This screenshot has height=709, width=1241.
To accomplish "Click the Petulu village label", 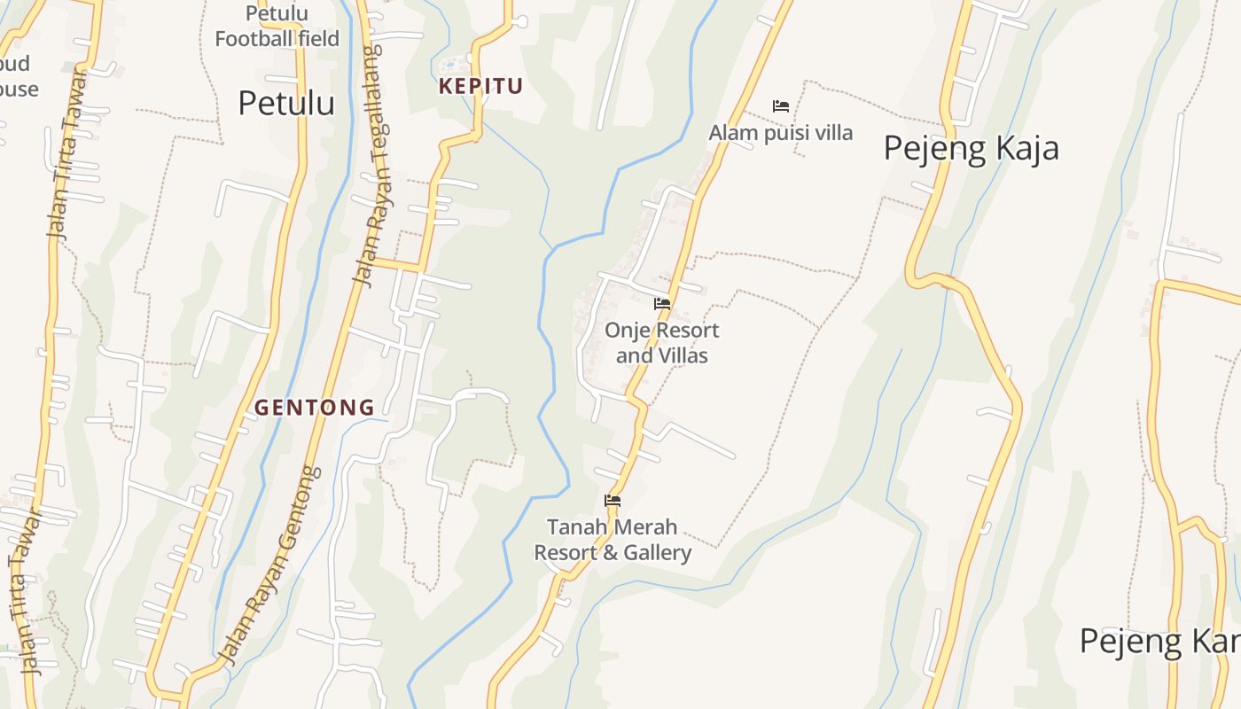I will point(286,103).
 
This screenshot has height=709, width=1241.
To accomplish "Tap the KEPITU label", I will point(481,86).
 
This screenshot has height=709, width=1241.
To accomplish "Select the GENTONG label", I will point(315,408).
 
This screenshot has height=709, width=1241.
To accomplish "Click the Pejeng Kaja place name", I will point(971,147).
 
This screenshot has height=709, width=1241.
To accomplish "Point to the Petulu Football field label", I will point(277,27).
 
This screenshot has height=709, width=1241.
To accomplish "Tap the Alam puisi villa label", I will point(780,133).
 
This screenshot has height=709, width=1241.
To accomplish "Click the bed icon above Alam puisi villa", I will point(781,106).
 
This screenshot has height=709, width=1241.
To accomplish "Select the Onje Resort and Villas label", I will point(661,343).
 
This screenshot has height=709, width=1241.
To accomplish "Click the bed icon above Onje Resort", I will point(662,304).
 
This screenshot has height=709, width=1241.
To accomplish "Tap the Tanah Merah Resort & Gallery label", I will point(612,540).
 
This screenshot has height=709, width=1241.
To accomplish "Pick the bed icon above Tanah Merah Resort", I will point(613,501).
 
